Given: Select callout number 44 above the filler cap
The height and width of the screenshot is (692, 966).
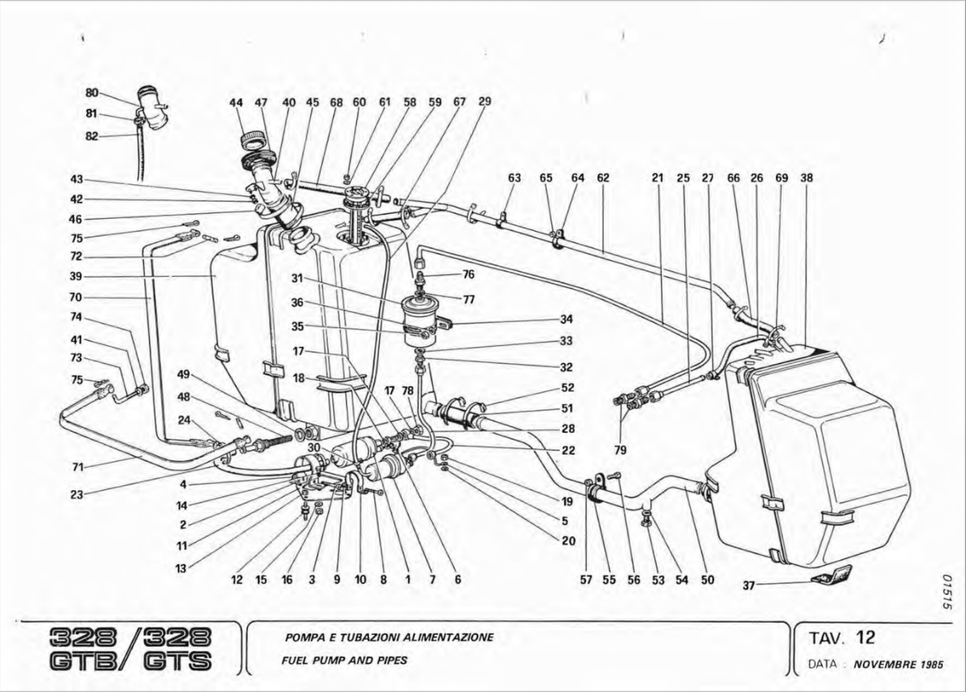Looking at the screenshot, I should [x=236, y=103].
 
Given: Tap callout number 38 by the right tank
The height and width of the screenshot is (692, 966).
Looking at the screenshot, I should [x=806, y=178].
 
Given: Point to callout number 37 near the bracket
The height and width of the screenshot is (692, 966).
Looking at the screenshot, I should [x=749, y=585].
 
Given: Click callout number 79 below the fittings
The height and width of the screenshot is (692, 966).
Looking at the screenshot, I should [x=621, y=450].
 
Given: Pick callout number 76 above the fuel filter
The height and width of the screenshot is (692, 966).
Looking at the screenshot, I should [x=469, y=274].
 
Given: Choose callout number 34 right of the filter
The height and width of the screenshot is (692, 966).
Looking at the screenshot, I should [x=566, y=319].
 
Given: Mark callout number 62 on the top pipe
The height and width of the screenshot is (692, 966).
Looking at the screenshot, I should [x=603, y=178].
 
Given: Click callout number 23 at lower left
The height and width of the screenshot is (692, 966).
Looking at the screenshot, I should [x=76, y=495].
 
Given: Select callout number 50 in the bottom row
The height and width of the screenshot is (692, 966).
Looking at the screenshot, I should [x=708, y=579].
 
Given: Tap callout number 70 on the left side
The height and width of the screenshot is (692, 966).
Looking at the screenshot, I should [x=76, y=297].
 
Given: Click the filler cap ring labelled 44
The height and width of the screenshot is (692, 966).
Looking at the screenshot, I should [x=256, y=142].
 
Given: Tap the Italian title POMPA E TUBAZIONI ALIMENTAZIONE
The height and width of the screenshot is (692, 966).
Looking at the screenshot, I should [x=389, y=637].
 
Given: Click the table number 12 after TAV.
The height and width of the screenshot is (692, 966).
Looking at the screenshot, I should [x=865, y=637].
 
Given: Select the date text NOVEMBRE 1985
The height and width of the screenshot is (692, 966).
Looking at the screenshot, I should [x=898, y=665].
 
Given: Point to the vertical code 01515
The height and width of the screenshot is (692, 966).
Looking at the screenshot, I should [x=947, y=596].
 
